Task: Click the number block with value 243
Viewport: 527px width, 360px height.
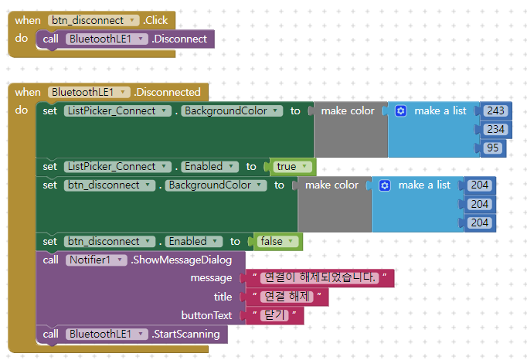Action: pos(495,110)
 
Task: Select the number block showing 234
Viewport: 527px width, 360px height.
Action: pos(495,129)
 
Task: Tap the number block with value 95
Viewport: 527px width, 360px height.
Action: pos(491,148)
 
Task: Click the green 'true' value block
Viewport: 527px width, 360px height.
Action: pos(289,166)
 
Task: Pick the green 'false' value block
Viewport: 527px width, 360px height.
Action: pos(274,241)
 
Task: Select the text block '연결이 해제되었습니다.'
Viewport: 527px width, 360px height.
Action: pos(319,277)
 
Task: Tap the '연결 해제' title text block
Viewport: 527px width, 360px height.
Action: pos(286,297)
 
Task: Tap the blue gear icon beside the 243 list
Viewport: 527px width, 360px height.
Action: pos(400,110)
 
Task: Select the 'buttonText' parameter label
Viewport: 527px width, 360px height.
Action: pos(206,315)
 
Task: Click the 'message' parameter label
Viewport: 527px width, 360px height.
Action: pos(211,277)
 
